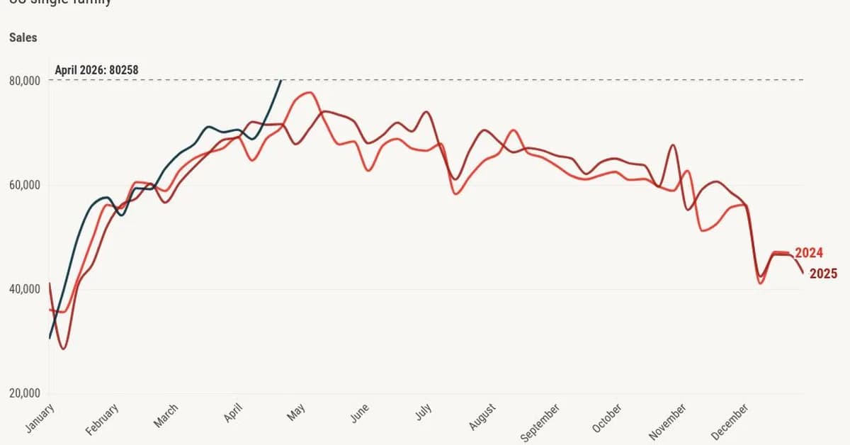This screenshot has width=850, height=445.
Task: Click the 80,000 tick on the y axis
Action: click(24, 81)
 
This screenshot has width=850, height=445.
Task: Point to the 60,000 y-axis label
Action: click(24, 185)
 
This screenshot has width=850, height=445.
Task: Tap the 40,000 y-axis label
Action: click(24, 289)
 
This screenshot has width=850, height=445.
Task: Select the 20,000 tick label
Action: click(24, 394)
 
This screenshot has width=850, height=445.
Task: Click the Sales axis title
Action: click(23, 37)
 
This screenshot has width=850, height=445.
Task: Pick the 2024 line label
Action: click(808, 253)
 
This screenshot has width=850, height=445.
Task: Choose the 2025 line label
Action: click(823, 274)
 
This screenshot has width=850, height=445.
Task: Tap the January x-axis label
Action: click(40, 418)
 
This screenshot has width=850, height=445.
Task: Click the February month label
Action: click(103, 418)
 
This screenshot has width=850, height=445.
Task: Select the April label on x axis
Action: click(234, 412)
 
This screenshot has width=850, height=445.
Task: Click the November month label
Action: click(667, 420)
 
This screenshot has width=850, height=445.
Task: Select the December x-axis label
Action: click(730, 420)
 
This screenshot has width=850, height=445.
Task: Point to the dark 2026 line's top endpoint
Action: click(281, 81)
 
